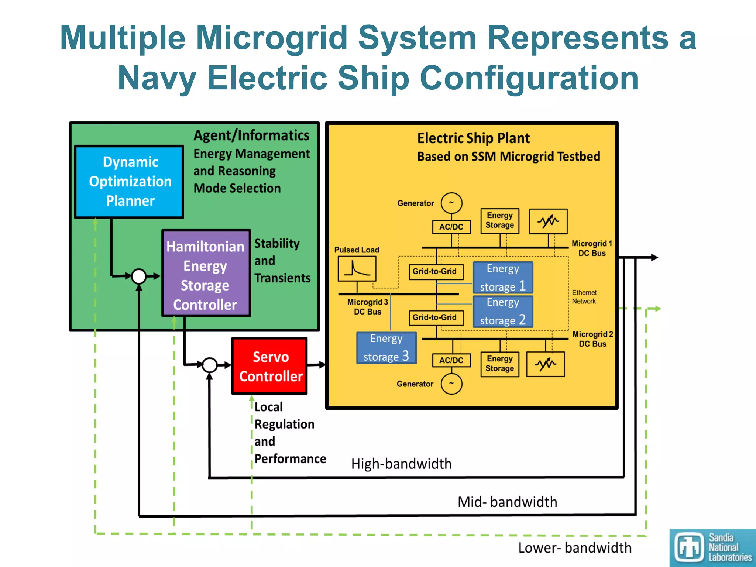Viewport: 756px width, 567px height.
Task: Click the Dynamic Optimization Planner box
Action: [129, 182]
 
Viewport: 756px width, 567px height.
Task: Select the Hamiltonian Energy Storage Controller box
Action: [206, 273]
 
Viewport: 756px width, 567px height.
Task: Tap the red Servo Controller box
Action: [269, 366]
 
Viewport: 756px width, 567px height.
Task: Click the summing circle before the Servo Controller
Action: [210, 365]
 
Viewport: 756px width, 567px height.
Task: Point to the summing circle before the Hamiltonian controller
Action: [139, 276]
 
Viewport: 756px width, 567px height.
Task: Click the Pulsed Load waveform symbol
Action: [357, 269]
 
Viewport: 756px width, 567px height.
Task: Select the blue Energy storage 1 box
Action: [503, 278]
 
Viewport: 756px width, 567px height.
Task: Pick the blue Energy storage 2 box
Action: [503, 312]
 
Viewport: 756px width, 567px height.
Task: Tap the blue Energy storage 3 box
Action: [386, 348]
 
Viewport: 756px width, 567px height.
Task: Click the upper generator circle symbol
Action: [451, 203]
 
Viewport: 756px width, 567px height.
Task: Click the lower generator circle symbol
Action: [451, 384]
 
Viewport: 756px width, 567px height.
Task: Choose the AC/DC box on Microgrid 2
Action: [451, 360]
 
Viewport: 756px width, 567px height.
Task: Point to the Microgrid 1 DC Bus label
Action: [592, 248]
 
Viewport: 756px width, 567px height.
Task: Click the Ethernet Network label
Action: [584, 297]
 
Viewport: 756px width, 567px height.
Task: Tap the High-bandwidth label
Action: [401, 464]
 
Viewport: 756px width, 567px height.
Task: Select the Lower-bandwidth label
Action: [575, 548]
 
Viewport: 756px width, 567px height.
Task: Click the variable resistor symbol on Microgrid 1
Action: [548, 221]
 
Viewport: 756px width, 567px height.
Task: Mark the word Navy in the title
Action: [157, 78]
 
